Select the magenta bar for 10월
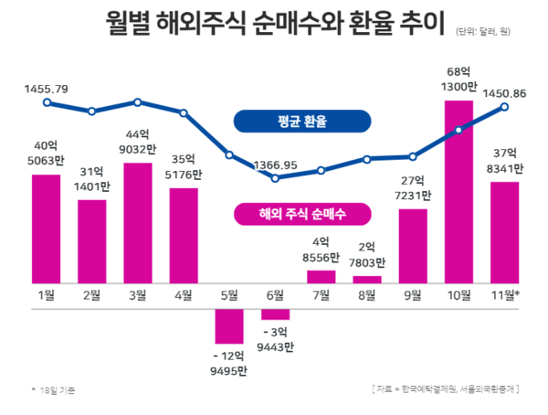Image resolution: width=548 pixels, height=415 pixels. [458, 191]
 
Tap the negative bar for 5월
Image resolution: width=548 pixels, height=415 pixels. [228, 326]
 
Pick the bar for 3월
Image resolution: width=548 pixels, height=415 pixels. [137, 222]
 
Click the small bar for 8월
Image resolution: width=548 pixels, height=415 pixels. [366, 279]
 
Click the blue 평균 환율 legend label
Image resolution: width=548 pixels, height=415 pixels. [301, 122]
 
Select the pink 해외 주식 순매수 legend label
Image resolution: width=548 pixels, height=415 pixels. [301, 214]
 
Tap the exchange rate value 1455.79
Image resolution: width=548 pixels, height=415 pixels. [47, 89]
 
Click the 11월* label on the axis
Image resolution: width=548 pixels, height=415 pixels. [505, 294]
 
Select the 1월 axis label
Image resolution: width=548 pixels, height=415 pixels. [46, 294]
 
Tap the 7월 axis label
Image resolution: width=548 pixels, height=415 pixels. [321, 294]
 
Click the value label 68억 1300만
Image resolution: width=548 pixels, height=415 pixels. [458, 80]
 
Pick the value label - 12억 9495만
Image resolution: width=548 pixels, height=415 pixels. [228, 363]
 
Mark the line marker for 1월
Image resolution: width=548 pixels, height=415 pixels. [46, 103]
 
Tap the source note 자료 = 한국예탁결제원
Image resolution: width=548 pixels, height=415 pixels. [448, 390]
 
